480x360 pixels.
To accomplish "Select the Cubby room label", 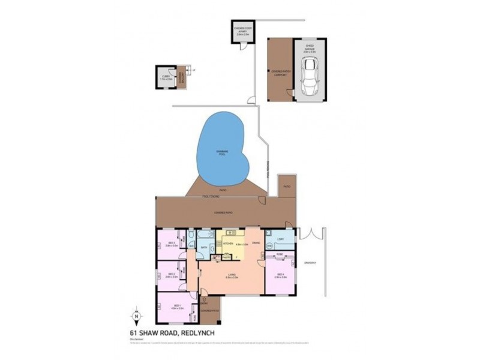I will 166,77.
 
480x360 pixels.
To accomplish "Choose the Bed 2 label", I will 171,275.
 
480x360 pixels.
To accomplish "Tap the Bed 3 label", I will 170,244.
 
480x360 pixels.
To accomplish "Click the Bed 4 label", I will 279,275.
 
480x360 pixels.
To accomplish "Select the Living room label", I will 232,276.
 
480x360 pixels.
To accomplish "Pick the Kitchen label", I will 227,243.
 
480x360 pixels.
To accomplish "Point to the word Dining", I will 256,243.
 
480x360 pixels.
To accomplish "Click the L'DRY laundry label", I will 280,241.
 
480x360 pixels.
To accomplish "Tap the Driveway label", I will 310,263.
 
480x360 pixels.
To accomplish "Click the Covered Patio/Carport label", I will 279,73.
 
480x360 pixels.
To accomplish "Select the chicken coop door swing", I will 243,47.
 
